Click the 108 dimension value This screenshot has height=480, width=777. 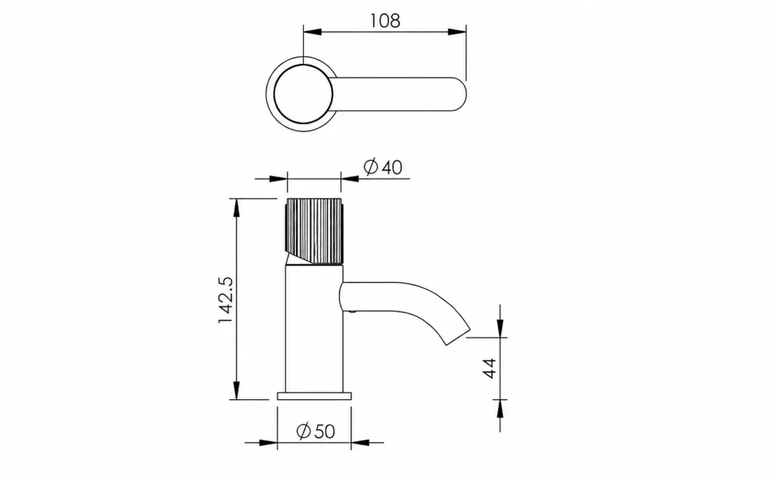pos(385,21)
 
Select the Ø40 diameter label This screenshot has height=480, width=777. pos(383,167)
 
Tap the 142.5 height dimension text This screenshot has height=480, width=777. pos(225,300)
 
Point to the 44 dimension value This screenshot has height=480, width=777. pos(490,368)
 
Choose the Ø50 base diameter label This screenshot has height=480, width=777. pos(315,431)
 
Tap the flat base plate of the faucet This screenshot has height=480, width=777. pos(314,396)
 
